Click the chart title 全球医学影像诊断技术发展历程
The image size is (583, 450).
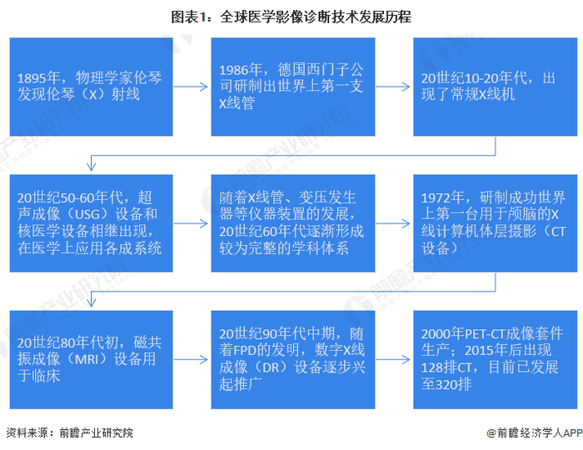[316, 17]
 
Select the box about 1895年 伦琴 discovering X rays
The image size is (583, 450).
[91, 86]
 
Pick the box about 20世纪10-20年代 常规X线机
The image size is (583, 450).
[496, 86]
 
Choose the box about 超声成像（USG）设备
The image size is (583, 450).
[91, 223]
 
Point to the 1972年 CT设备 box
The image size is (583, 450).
[496, 223]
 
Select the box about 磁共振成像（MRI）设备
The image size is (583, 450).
[91, 359]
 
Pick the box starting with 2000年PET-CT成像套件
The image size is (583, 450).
[496, 359]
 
